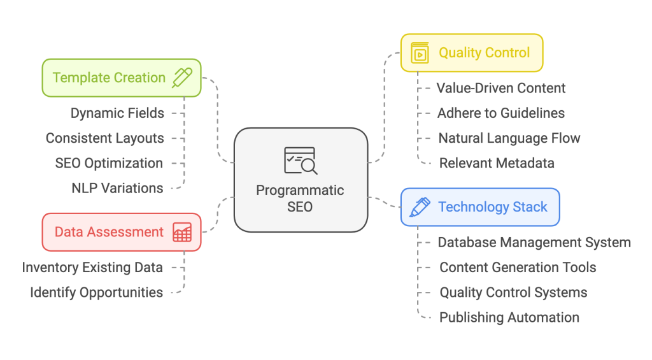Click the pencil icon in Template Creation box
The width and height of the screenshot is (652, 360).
click(x=182, y=78)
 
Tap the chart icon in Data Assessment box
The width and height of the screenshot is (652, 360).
click(x=182, y=232)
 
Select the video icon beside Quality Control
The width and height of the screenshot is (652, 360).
click(x=420, y=53)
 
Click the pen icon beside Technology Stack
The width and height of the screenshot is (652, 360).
click(x=420, y=207)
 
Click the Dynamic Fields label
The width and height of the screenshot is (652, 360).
click(x=117, y=113)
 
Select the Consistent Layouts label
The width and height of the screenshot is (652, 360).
click(x=105, y=138)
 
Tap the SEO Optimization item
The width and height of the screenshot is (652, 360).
click(x=109, y=163)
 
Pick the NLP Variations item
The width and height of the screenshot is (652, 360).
click(x=117, y=188)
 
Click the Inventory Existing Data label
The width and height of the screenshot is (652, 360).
click(x=92, y=267)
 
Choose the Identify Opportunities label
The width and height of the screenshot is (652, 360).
click(x=97, y=292)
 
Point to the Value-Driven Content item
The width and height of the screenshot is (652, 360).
click(x=501, y=88)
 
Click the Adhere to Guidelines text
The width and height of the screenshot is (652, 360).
click(x=501, y=113)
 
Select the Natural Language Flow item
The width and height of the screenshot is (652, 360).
click(x=509, y=138)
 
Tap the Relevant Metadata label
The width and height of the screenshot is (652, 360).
click(x=497, y=163)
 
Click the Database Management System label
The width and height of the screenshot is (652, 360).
click(x=534, y=242)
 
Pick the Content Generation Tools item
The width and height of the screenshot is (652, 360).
click(x=518, y=268)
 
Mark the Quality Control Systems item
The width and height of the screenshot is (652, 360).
click(x=513, y=292)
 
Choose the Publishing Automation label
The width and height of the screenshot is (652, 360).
click(x=509, y=317)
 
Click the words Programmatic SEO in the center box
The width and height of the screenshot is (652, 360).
click(x=300, y=198)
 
